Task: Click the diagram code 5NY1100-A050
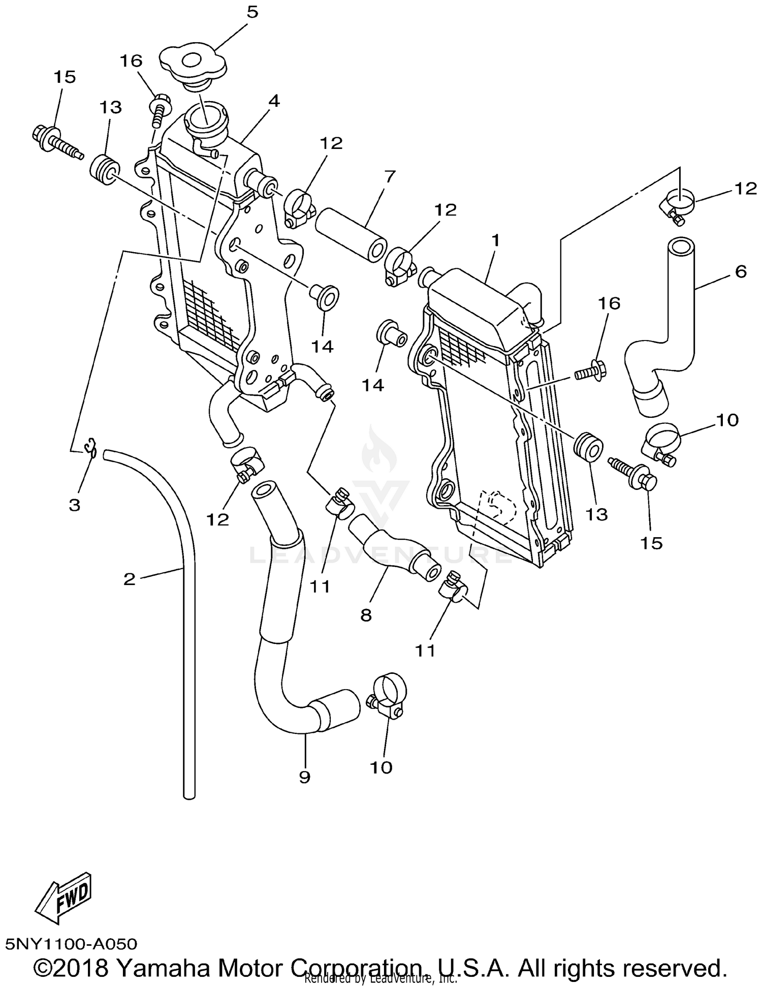click(x=71, y=944)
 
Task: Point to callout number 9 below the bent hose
click(x=304, y=777)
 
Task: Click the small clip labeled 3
click(x=91, y=446)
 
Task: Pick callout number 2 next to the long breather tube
click(x=130, y=578)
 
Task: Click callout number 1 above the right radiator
click(x=495, y=240)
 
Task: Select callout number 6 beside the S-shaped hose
click(x=741, y=272)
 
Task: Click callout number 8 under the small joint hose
click(x=366, y=615)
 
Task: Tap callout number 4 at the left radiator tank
click(x=274, y=101)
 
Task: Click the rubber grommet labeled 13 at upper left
click(x=105, y=171)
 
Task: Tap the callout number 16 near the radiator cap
click(x=131, y=61)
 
